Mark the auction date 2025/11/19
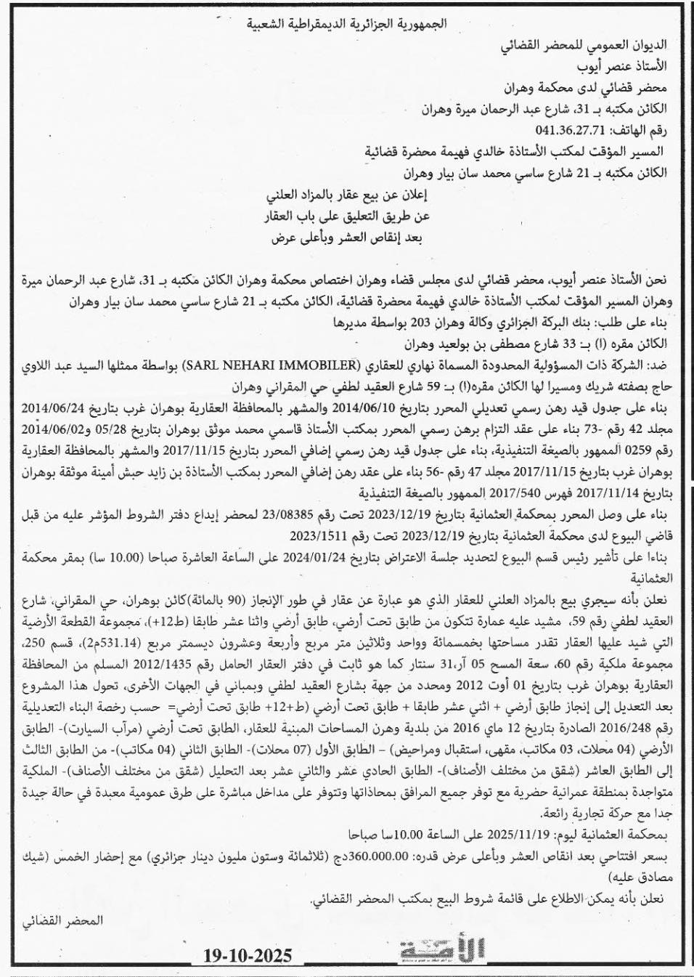[x=461, y=835]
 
